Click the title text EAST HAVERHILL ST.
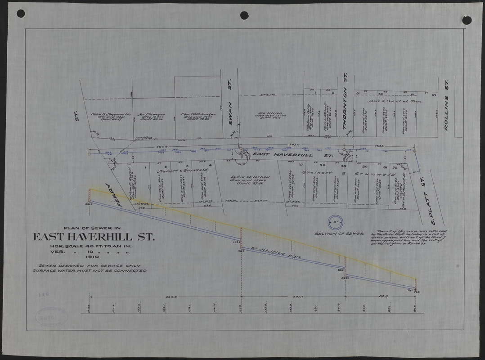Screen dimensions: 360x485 (x=93, y=237)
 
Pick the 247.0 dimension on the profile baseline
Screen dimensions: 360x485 (x=298, y=297)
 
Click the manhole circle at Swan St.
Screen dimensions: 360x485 (x=241, y=149)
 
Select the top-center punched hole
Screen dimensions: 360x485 (x=244, y=15)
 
